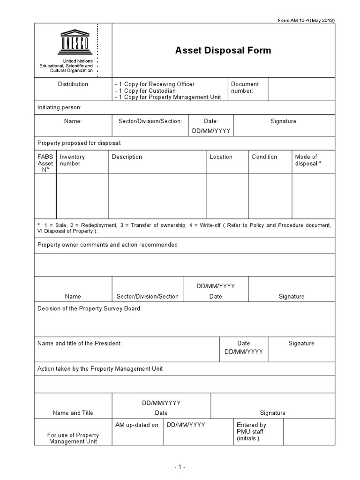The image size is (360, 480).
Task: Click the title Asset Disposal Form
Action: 223,51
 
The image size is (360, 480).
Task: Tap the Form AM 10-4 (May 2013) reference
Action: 307,20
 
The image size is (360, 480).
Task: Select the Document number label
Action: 245,88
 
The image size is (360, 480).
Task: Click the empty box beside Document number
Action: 301,89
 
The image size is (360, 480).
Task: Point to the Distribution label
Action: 73,84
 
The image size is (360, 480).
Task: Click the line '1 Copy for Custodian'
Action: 146,91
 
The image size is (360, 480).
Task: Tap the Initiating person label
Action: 60,107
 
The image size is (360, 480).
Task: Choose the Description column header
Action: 127,157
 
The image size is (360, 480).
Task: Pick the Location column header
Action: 221,157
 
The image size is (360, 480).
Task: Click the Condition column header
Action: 264,157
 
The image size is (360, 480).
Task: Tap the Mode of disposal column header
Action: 308,160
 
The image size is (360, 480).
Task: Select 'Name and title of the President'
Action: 79,343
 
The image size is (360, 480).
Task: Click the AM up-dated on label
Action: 137,425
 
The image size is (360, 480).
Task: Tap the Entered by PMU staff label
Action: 251,432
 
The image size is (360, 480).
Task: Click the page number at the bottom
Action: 180,467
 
